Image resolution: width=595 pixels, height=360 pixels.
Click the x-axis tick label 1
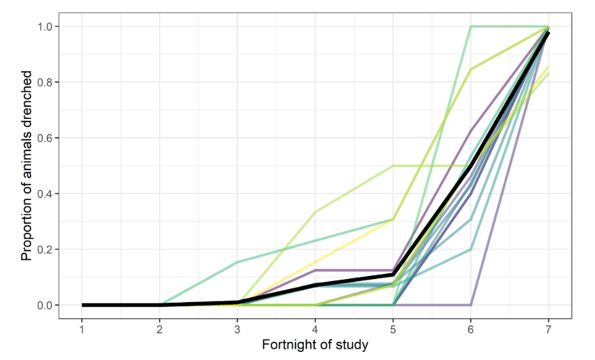82,328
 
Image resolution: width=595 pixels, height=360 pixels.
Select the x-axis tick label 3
237,328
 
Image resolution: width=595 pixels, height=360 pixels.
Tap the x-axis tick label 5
393,328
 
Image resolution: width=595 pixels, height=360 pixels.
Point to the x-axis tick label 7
548,328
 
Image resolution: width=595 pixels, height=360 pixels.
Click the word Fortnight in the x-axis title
287,345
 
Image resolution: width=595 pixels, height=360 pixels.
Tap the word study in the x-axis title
353,345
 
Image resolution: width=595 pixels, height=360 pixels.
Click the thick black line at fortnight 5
393,275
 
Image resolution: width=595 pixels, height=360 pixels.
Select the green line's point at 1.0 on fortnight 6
470,27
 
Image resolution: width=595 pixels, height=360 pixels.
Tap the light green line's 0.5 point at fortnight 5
393,166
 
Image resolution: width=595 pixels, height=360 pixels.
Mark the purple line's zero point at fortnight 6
470,305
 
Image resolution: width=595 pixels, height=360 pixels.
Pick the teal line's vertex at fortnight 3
237,262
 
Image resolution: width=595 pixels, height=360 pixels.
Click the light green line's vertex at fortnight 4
315,212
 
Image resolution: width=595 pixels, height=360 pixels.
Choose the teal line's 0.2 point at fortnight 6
470,249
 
